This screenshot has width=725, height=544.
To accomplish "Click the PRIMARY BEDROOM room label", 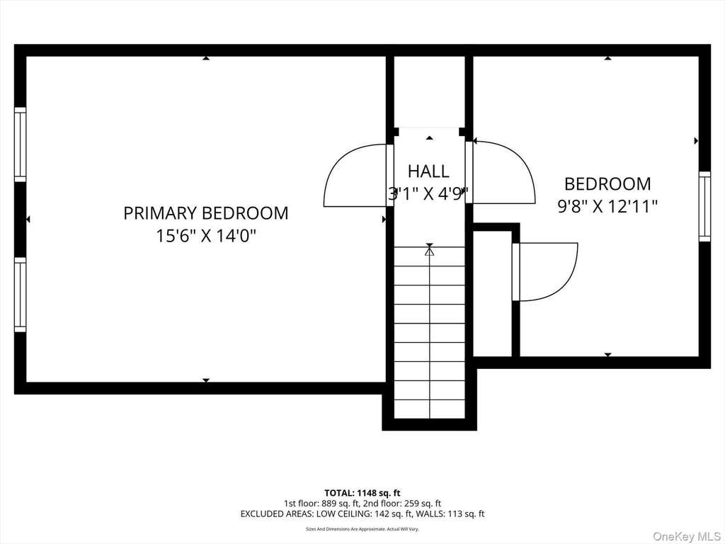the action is (x=206, y=213).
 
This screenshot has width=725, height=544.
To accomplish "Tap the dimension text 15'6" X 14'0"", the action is (x=206, y=237).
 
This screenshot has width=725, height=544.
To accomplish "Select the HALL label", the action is (x=428, y=171).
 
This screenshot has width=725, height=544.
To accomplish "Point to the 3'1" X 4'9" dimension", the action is (x=428, y=194).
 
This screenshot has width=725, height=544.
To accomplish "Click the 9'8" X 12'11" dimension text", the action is (x=607, y=206).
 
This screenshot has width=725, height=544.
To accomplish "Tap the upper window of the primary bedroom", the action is (x=21, y=144).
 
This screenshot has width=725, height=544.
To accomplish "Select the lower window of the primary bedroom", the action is (x=21, y=295).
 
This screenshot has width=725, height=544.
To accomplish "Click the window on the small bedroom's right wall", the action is (x=704, y=206).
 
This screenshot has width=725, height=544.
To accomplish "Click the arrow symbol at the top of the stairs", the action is (x=430, y=251).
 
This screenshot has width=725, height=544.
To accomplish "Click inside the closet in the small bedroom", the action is (x=492, y=294).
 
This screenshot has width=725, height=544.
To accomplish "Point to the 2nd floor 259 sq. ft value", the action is (x=423, y=504).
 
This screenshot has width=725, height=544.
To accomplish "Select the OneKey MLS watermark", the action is (x=687, y=536).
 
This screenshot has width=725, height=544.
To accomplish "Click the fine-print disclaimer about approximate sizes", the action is (x=362, y=528).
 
